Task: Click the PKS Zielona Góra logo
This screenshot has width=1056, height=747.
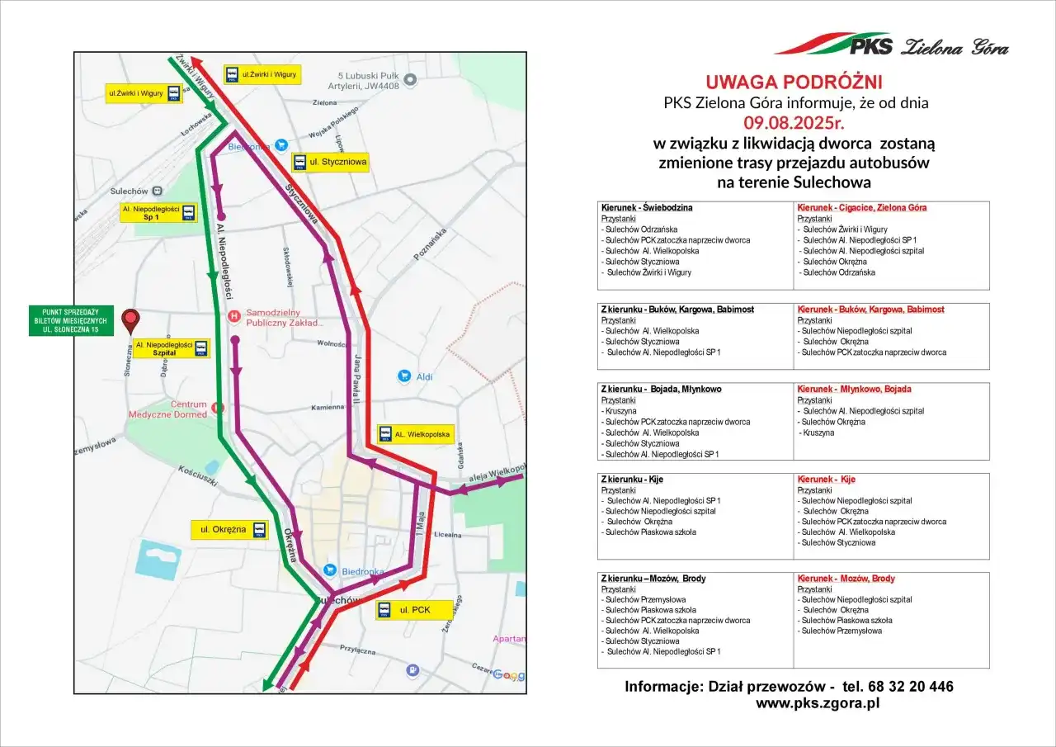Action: click(x=892, y=45)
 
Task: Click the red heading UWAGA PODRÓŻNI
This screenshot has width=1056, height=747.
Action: click(x=794, y=82)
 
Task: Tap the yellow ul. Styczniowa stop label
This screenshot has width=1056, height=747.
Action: click(x=330, y=162)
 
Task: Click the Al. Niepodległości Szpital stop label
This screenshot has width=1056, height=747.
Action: click(x=169, y=348)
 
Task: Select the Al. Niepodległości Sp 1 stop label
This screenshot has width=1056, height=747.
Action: click(x=158, y=214)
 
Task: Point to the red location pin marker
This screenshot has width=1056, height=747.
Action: click(x=130, y=321)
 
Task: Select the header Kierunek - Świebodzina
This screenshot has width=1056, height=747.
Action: click(x=647, y=207)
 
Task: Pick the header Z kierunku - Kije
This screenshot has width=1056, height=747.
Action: click(x=632, y=480)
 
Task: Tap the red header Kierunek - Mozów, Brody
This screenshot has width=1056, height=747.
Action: click(x=846, y=579)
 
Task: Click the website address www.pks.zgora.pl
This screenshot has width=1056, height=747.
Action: click(x=818, y=704)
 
